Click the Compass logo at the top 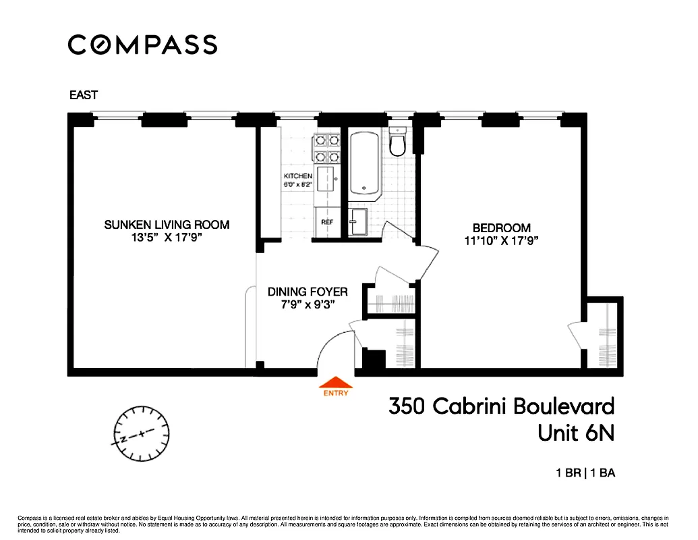point(142,45)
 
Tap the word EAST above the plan point(84,95)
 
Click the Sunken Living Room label point(167,225)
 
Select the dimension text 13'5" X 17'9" point(167,238)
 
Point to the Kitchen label point(297,176)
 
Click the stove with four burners point(327,148)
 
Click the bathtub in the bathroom point(364,163)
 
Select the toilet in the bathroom point(397,142)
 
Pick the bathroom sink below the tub point(357,221)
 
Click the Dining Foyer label point(308,292)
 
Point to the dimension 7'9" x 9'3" point(308,305)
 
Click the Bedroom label point(501,228)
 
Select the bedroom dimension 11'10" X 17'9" point(501,241)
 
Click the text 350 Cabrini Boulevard point(501,406)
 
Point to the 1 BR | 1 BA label point(585,473)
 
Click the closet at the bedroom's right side point(602,334)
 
